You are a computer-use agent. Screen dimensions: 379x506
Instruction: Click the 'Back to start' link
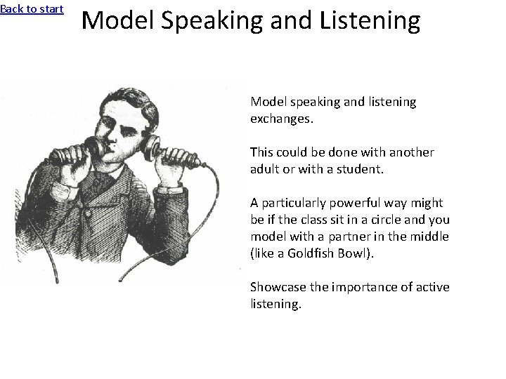32,9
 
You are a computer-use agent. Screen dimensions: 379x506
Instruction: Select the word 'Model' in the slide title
117,20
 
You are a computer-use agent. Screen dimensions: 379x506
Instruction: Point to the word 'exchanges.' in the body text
282,119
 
